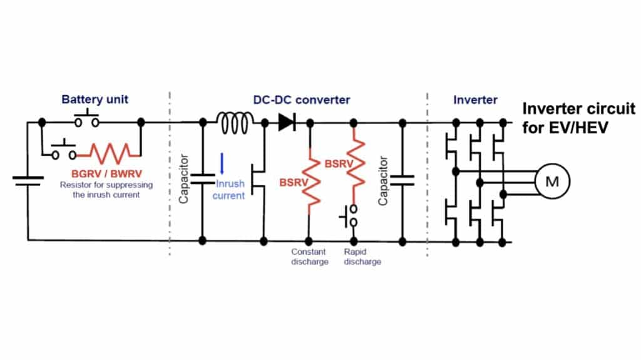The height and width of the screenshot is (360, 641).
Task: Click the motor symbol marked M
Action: (x=551, y=182)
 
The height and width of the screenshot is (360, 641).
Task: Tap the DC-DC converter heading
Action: (x=301, y=100)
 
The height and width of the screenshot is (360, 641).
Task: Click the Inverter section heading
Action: (x=475, y=100)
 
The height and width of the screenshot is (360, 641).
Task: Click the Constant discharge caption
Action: (x=309, y=257)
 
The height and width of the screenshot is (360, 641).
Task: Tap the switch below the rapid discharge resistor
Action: (x=351, y=217)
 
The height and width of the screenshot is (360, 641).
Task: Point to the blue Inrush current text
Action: (x=230, y=190)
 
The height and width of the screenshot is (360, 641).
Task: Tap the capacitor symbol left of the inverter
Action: (x=401, y=180)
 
